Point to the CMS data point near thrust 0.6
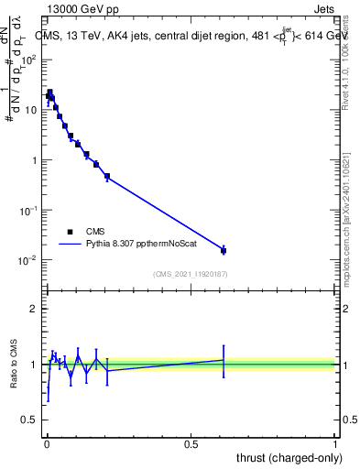pos(224,250)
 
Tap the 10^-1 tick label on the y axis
pos(28,211)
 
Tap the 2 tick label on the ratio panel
pos(33,309)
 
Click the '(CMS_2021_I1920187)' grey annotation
pos(190,274)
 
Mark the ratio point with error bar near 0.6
pos(224,360)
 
